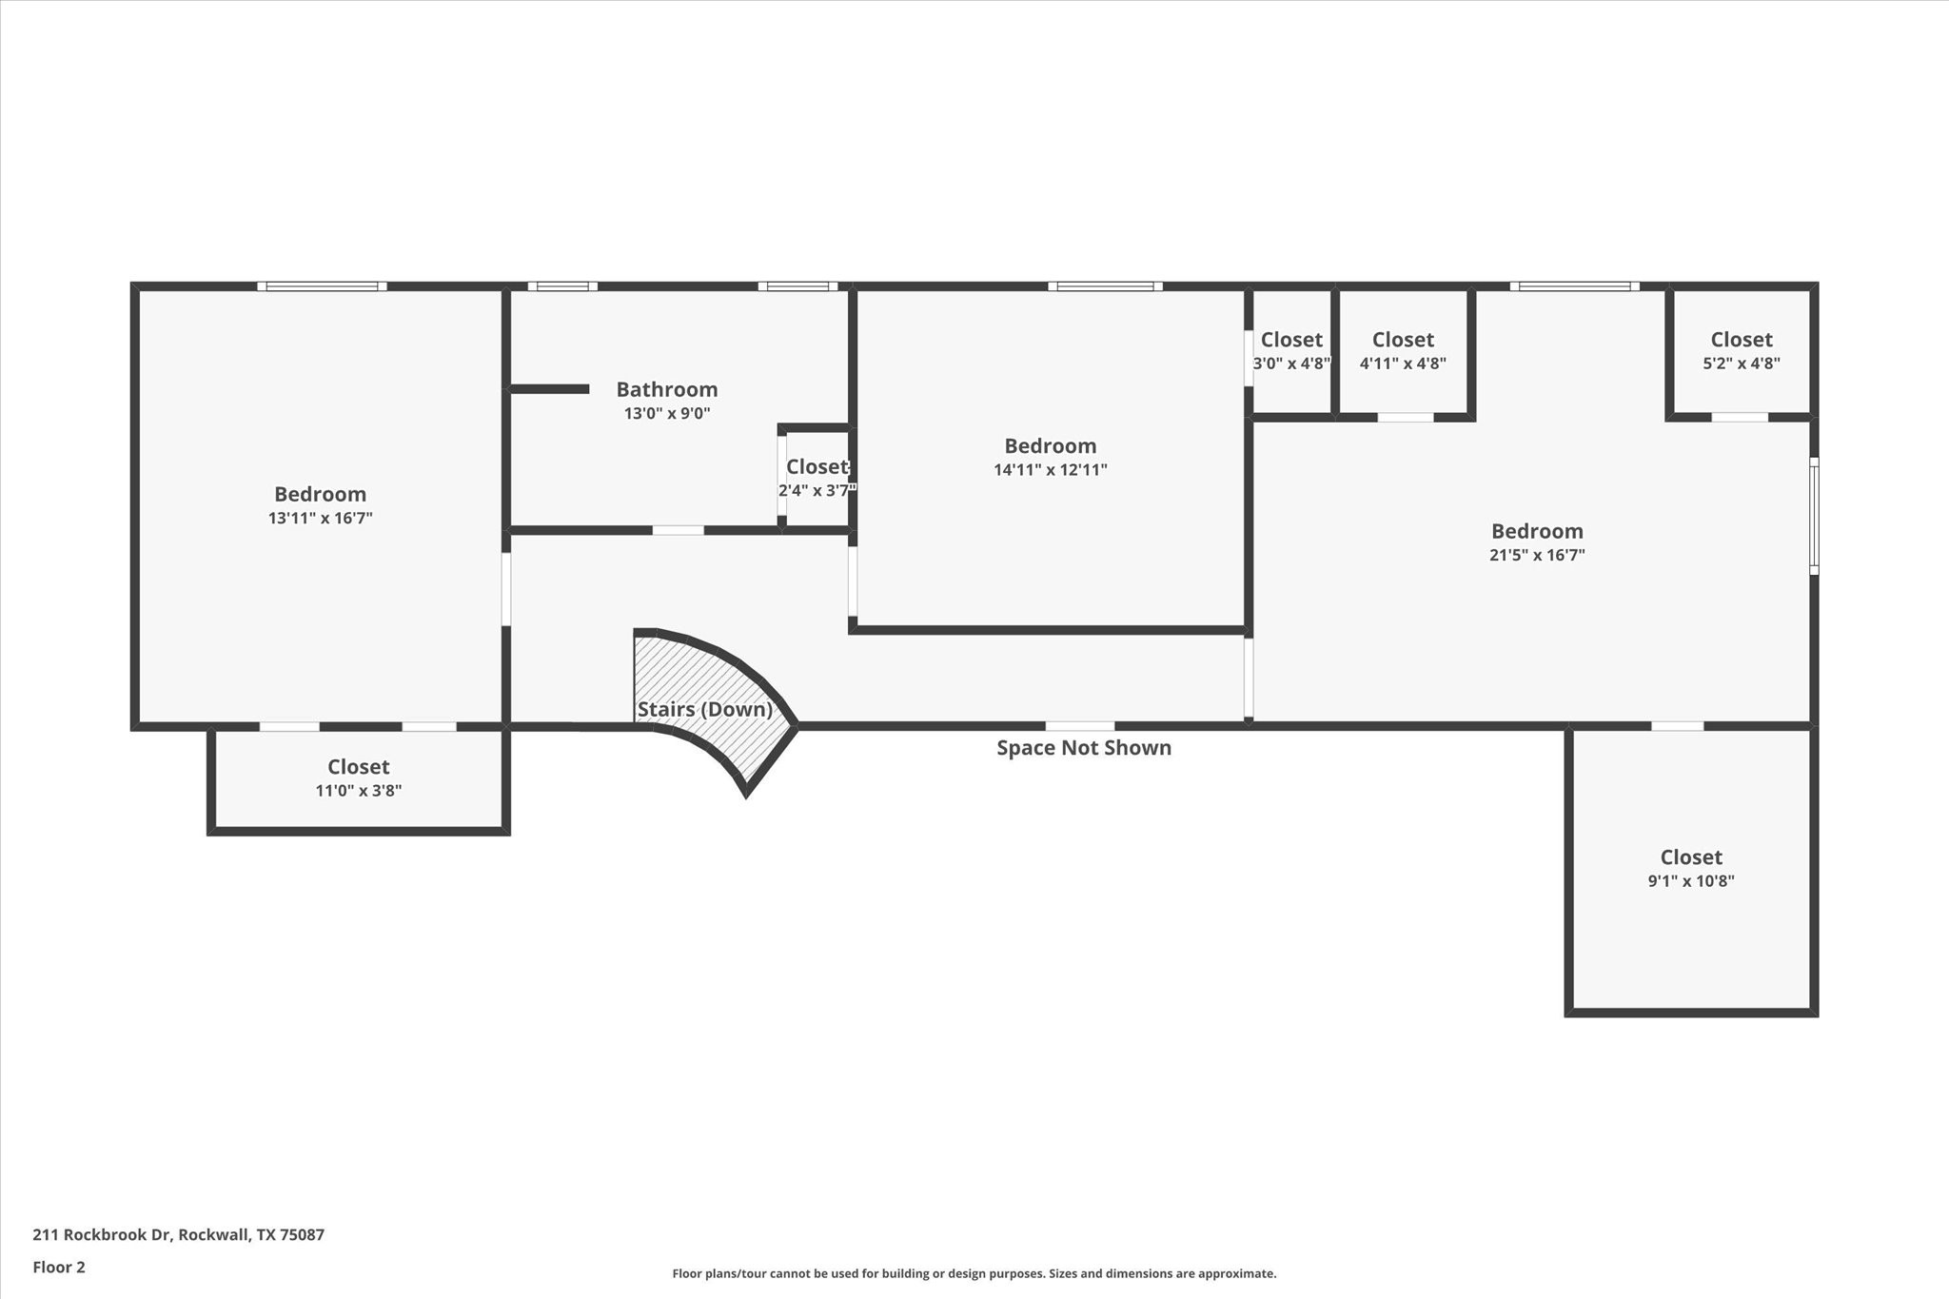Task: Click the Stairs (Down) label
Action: coord(704,709)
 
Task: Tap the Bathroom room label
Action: coord(667,389)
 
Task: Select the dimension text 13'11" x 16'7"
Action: coord(320,518)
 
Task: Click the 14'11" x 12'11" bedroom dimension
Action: coord(1051,469)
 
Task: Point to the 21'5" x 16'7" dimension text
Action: coord(1537,555)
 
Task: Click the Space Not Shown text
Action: coord(1084,748)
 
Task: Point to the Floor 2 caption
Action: coord(59,1267)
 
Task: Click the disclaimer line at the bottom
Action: coord(974,1273)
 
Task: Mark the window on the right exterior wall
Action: coord(1814,516)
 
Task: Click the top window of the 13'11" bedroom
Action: coord(322,285)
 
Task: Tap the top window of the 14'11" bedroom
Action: coord(1105,285)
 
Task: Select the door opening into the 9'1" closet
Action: coord(1677,726)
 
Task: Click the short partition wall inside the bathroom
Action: coord(549,388)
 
